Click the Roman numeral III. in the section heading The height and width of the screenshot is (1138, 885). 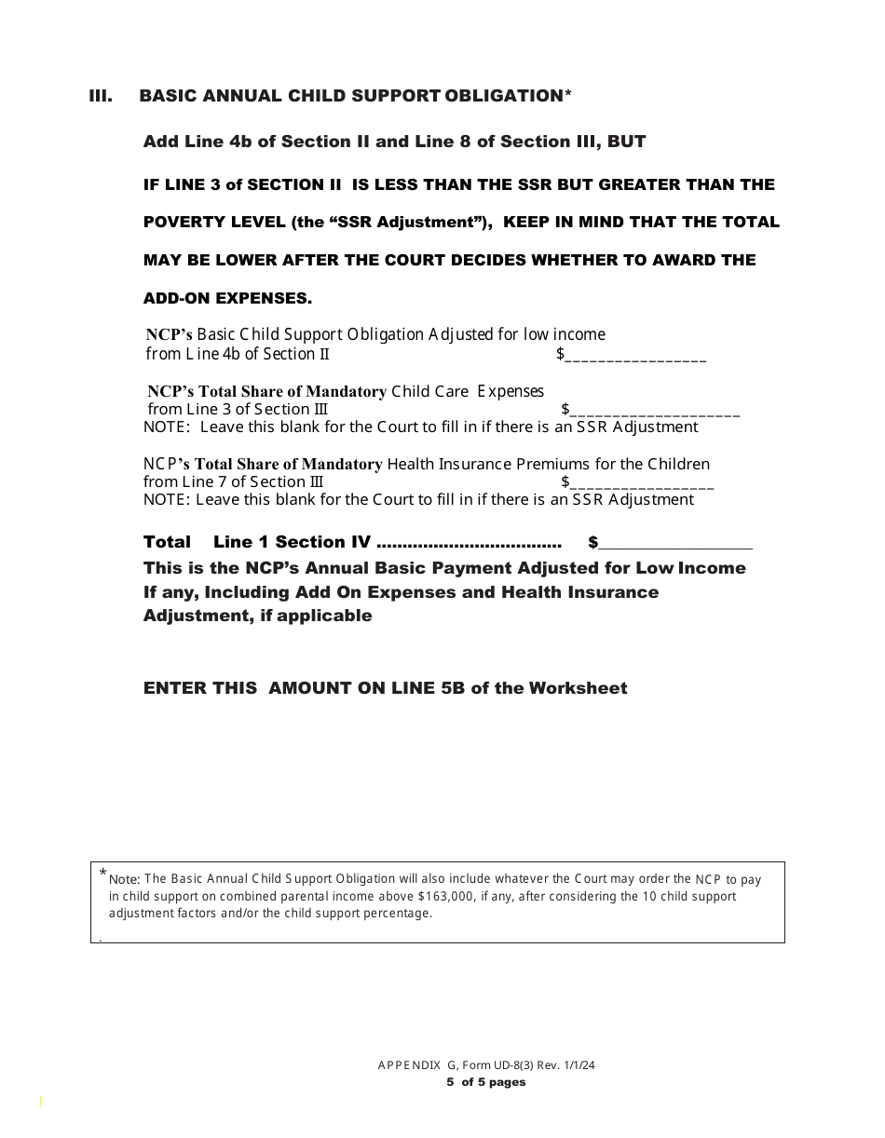pyautogui.click(x=101, y=96)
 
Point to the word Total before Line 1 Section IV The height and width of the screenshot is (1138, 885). pyautogui.click(x=167, y=542)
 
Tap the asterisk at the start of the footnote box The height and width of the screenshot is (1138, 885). pyautogui.click(x=102, y=873)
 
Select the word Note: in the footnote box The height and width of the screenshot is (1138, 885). pyautogui.click(x=125, y=879)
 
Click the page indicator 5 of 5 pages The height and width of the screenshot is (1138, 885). pyautogui.click(x=485, y=1082)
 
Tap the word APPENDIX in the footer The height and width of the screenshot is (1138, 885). pyautogui.click(x=408, y=1065)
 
